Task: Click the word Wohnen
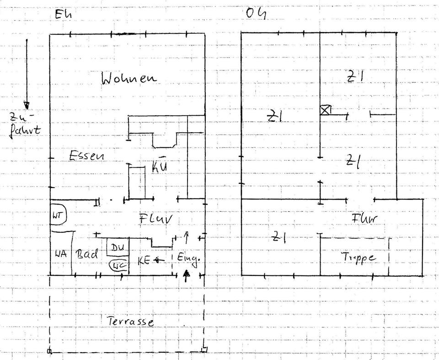pos(128,78)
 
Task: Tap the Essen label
pos(86,156)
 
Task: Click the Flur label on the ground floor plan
pos(156,219)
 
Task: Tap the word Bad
pos(87,254)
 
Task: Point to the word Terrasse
pos(131,322)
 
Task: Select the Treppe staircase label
pos(359,258)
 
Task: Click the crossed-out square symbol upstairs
pos(325,110)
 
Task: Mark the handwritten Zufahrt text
pos(25,124)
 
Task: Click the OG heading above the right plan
pos(256,14)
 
